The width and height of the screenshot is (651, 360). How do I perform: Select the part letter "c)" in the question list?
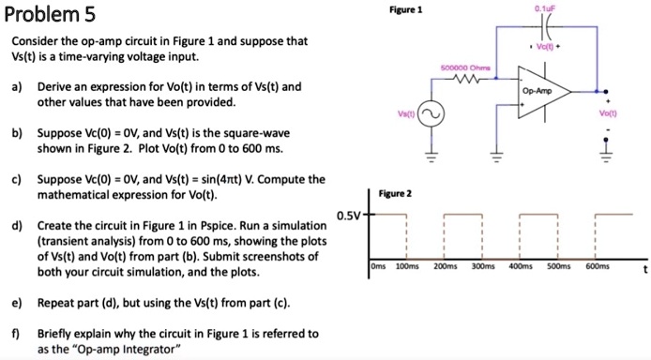coord(18,180)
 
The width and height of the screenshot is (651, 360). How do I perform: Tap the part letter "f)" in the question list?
coord(17,334)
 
